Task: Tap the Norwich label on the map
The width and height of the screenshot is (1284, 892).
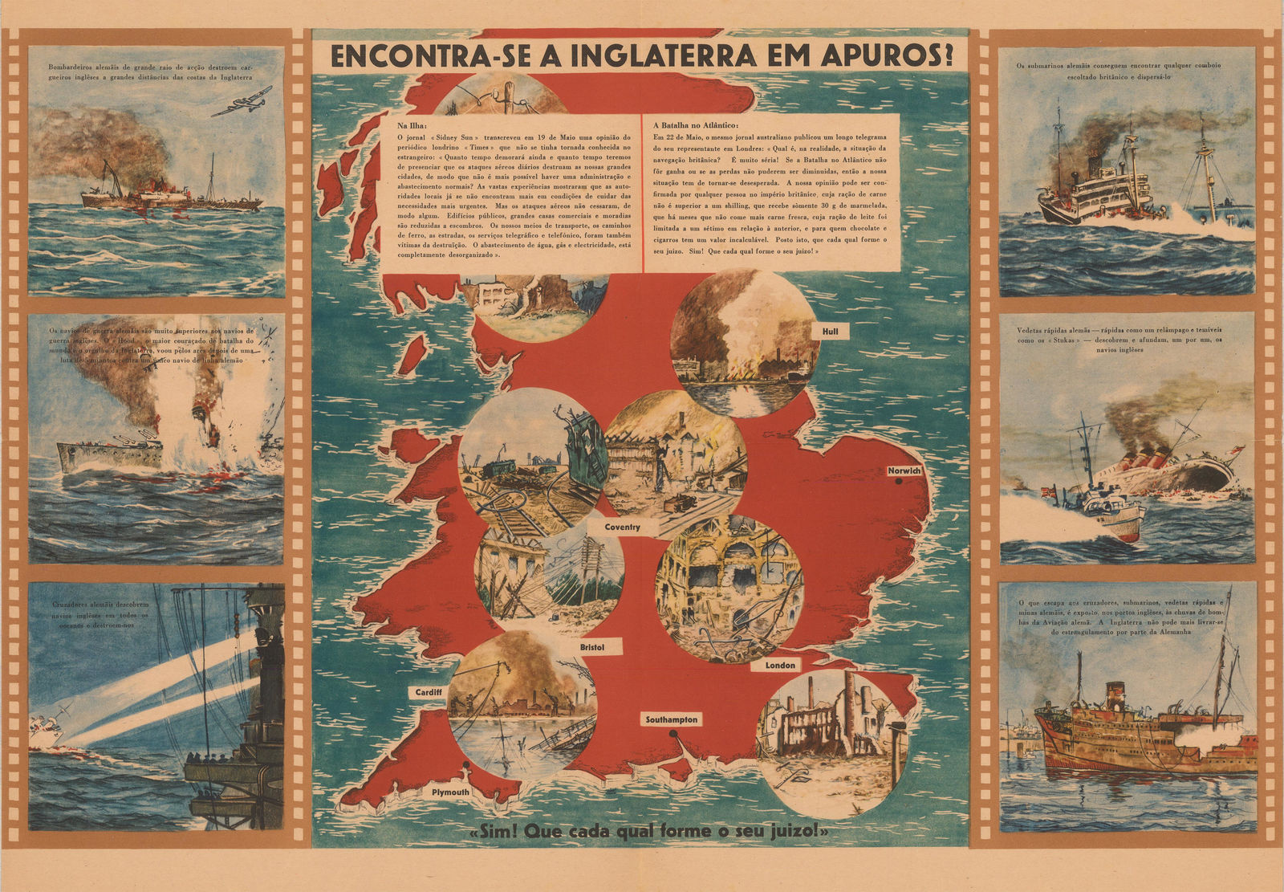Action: pyautogui.click(x=904, y=470)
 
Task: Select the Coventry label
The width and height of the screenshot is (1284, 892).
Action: pyautogui.click(x=622, y=527)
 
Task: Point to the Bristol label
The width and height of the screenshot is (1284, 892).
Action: pyautogui.click(x=591, y=647)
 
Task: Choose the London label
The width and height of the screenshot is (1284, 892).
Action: pyautogui.click(x=779, y=665)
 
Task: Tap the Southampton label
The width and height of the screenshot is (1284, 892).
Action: pyautogui.click(x=672, y=719)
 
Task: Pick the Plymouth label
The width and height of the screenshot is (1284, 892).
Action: pyautogui.click(x=450, y=792)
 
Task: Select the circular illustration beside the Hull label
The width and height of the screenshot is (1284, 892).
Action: pyautogui.click(x=744, y=344)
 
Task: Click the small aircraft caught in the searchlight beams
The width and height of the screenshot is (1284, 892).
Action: pyautogui.click(x=47, y=728)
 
